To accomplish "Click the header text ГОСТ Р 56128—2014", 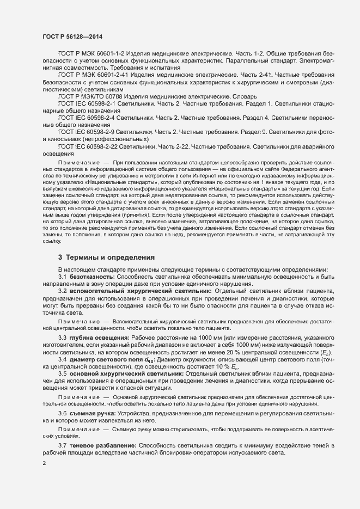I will (72, 36).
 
